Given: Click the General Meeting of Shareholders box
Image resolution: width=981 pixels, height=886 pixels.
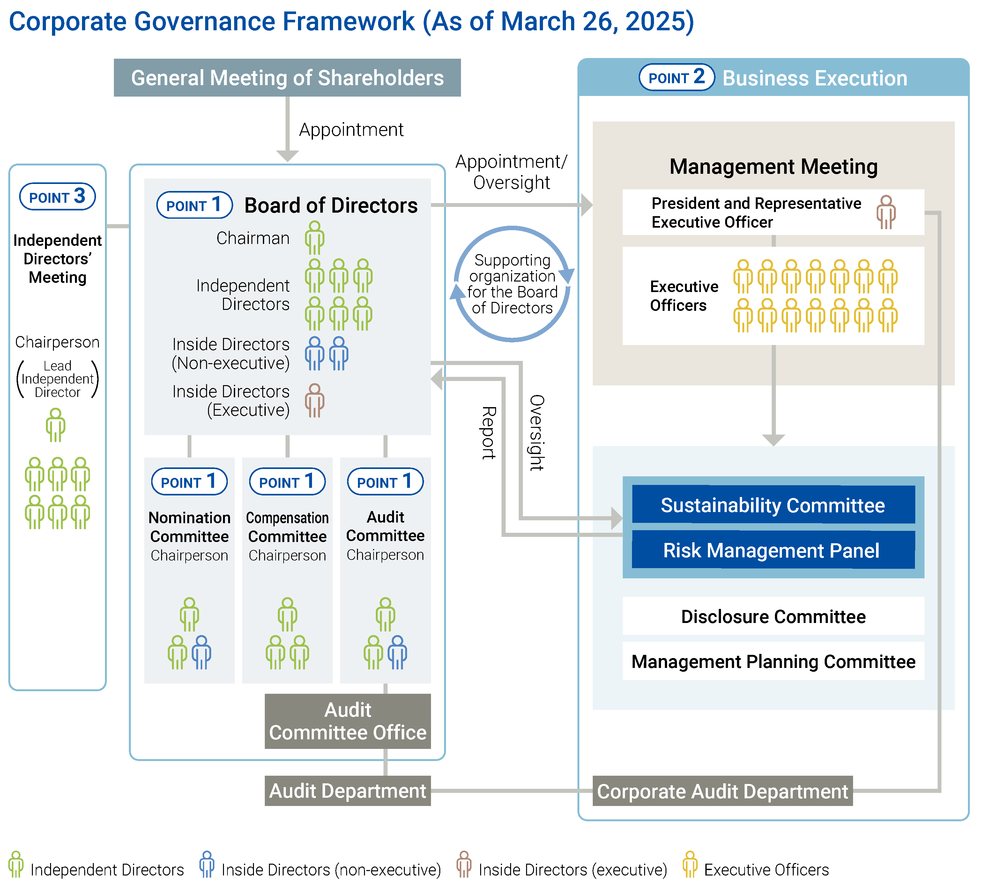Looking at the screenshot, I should point(287,78).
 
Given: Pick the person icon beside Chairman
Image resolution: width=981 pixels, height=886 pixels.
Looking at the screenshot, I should point(314,238).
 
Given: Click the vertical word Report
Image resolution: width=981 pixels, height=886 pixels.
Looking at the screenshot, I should point(488,433).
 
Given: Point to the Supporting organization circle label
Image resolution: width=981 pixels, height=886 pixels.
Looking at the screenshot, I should point(512,284).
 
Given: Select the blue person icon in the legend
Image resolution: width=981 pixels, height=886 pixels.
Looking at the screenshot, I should point(207,864).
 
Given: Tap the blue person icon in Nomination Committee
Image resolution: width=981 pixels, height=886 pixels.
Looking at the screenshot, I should point(201,652).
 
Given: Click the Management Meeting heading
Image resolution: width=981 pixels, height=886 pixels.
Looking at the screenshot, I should point(773,166).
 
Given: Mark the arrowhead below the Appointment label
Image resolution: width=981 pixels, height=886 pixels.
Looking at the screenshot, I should point(287,156).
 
